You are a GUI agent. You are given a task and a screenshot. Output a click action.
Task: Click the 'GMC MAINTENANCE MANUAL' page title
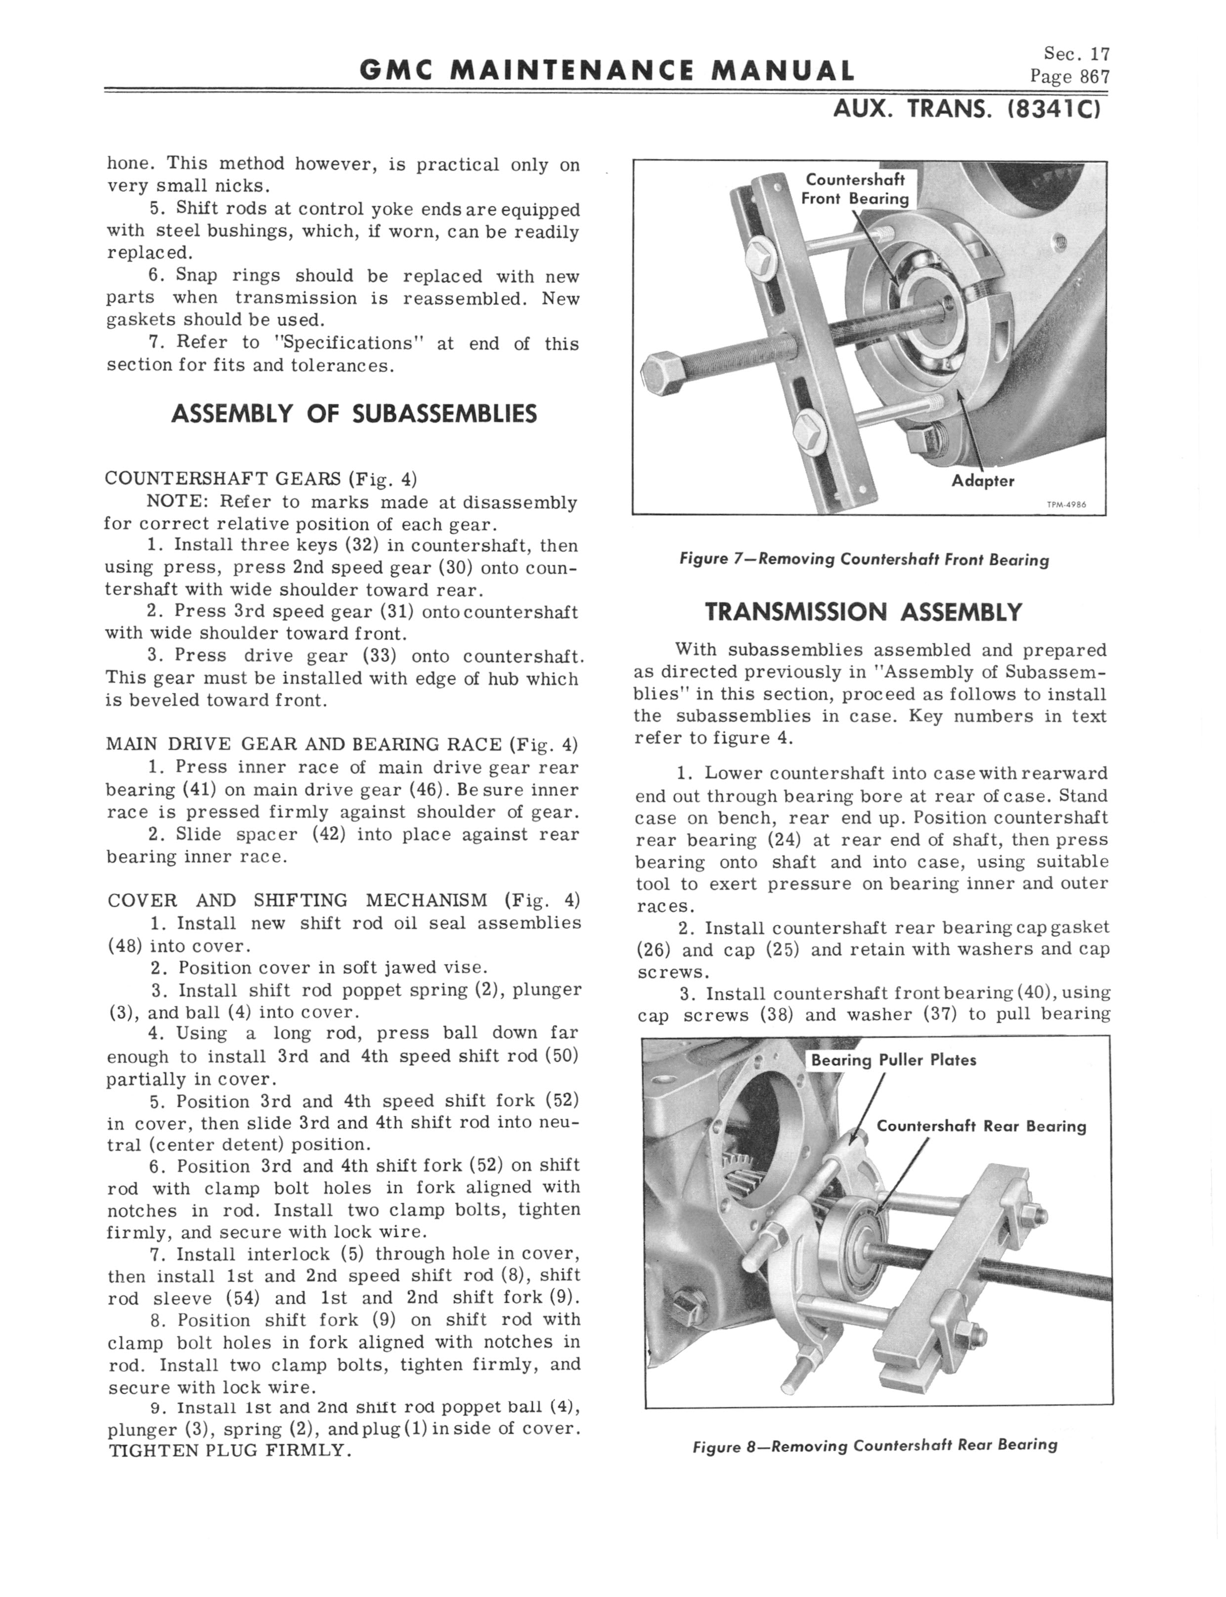point(607,71)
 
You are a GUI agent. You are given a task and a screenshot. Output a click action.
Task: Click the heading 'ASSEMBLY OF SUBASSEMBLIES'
point(354,414)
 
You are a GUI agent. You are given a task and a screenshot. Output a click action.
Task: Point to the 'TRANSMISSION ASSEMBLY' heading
point(863,612)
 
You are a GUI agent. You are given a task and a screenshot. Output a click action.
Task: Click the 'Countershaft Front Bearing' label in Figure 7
point(855,189)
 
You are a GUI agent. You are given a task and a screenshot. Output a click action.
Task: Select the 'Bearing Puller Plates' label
point(893,1060)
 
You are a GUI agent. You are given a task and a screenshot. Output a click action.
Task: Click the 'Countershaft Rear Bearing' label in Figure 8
point(981,1126)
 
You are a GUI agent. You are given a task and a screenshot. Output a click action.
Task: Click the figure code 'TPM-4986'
point(1066,503)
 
